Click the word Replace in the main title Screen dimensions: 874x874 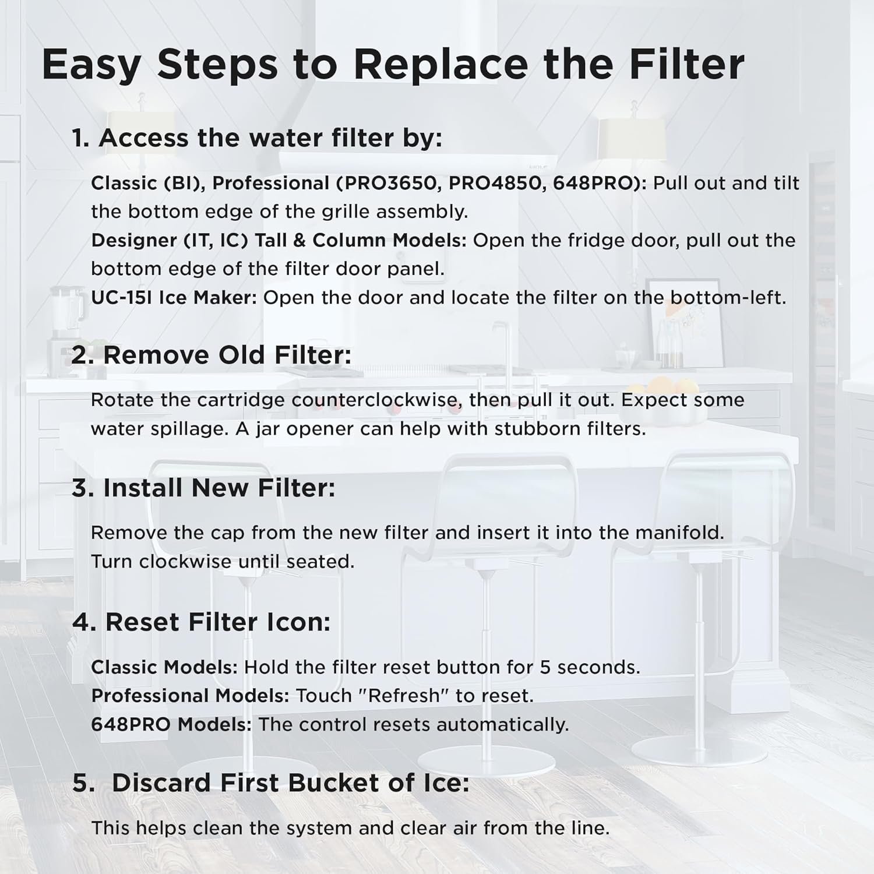coord(440,64)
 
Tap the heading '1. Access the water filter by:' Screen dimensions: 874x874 coord(257,138)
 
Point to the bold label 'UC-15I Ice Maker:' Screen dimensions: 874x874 coord(174,298)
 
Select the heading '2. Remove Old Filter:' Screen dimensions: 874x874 coord(212,355)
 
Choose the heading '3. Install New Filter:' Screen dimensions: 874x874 coord(203,488)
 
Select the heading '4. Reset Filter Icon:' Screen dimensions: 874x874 coord(201,622)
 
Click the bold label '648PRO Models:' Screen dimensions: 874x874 coord(171,725)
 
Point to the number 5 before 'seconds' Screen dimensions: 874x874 coord(545,667)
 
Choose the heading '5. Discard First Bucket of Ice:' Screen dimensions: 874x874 coord(271,783)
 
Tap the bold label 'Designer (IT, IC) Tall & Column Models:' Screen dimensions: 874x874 coord(279,240)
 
